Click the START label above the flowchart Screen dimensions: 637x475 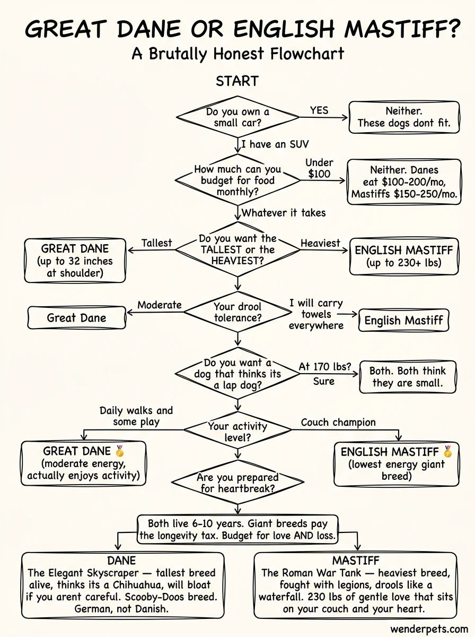(237, 81)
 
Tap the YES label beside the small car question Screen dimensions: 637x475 (319, 110)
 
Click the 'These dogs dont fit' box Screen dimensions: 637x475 (403, 117)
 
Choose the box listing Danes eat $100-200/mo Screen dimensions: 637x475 (403, 182)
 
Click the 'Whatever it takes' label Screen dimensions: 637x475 (284, 213)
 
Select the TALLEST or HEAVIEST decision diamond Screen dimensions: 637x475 (237, 249)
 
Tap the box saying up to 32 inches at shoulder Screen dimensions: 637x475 (75, 261)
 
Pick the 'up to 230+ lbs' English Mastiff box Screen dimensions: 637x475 (403, 256)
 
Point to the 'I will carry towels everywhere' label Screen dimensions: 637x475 (316, 314)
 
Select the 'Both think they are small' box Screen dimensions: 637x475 (407, 377)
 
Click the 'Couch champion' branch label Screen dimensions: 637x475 (338, 423)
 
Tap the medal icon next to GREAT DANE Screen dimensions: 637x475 (120, 451)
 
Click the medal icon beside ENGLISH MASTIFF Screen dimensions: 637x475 (448, 452)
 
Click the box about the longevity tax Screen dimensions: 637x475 (237, 529)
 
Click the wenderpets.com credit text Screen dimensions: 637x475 (429, 629)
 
